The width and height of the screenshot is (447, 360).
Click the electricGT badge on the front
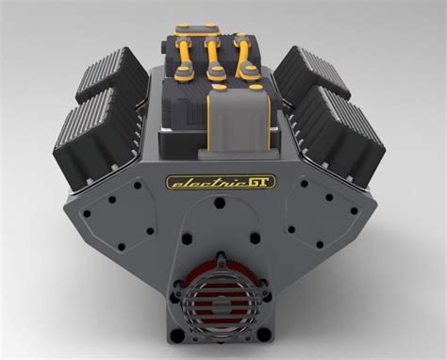coord(222,182)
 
